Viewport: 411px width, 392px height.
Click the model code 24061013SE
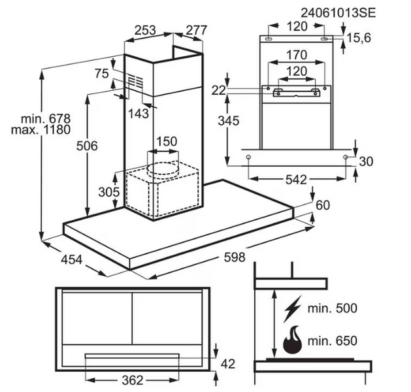point(338,12)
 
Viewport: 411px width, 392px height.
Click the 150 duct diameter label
point(166,142)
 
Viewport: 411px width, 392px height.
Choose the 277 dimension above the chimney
point(195,30)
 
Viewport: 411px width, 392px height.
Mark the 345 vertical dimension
point(229,122)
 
